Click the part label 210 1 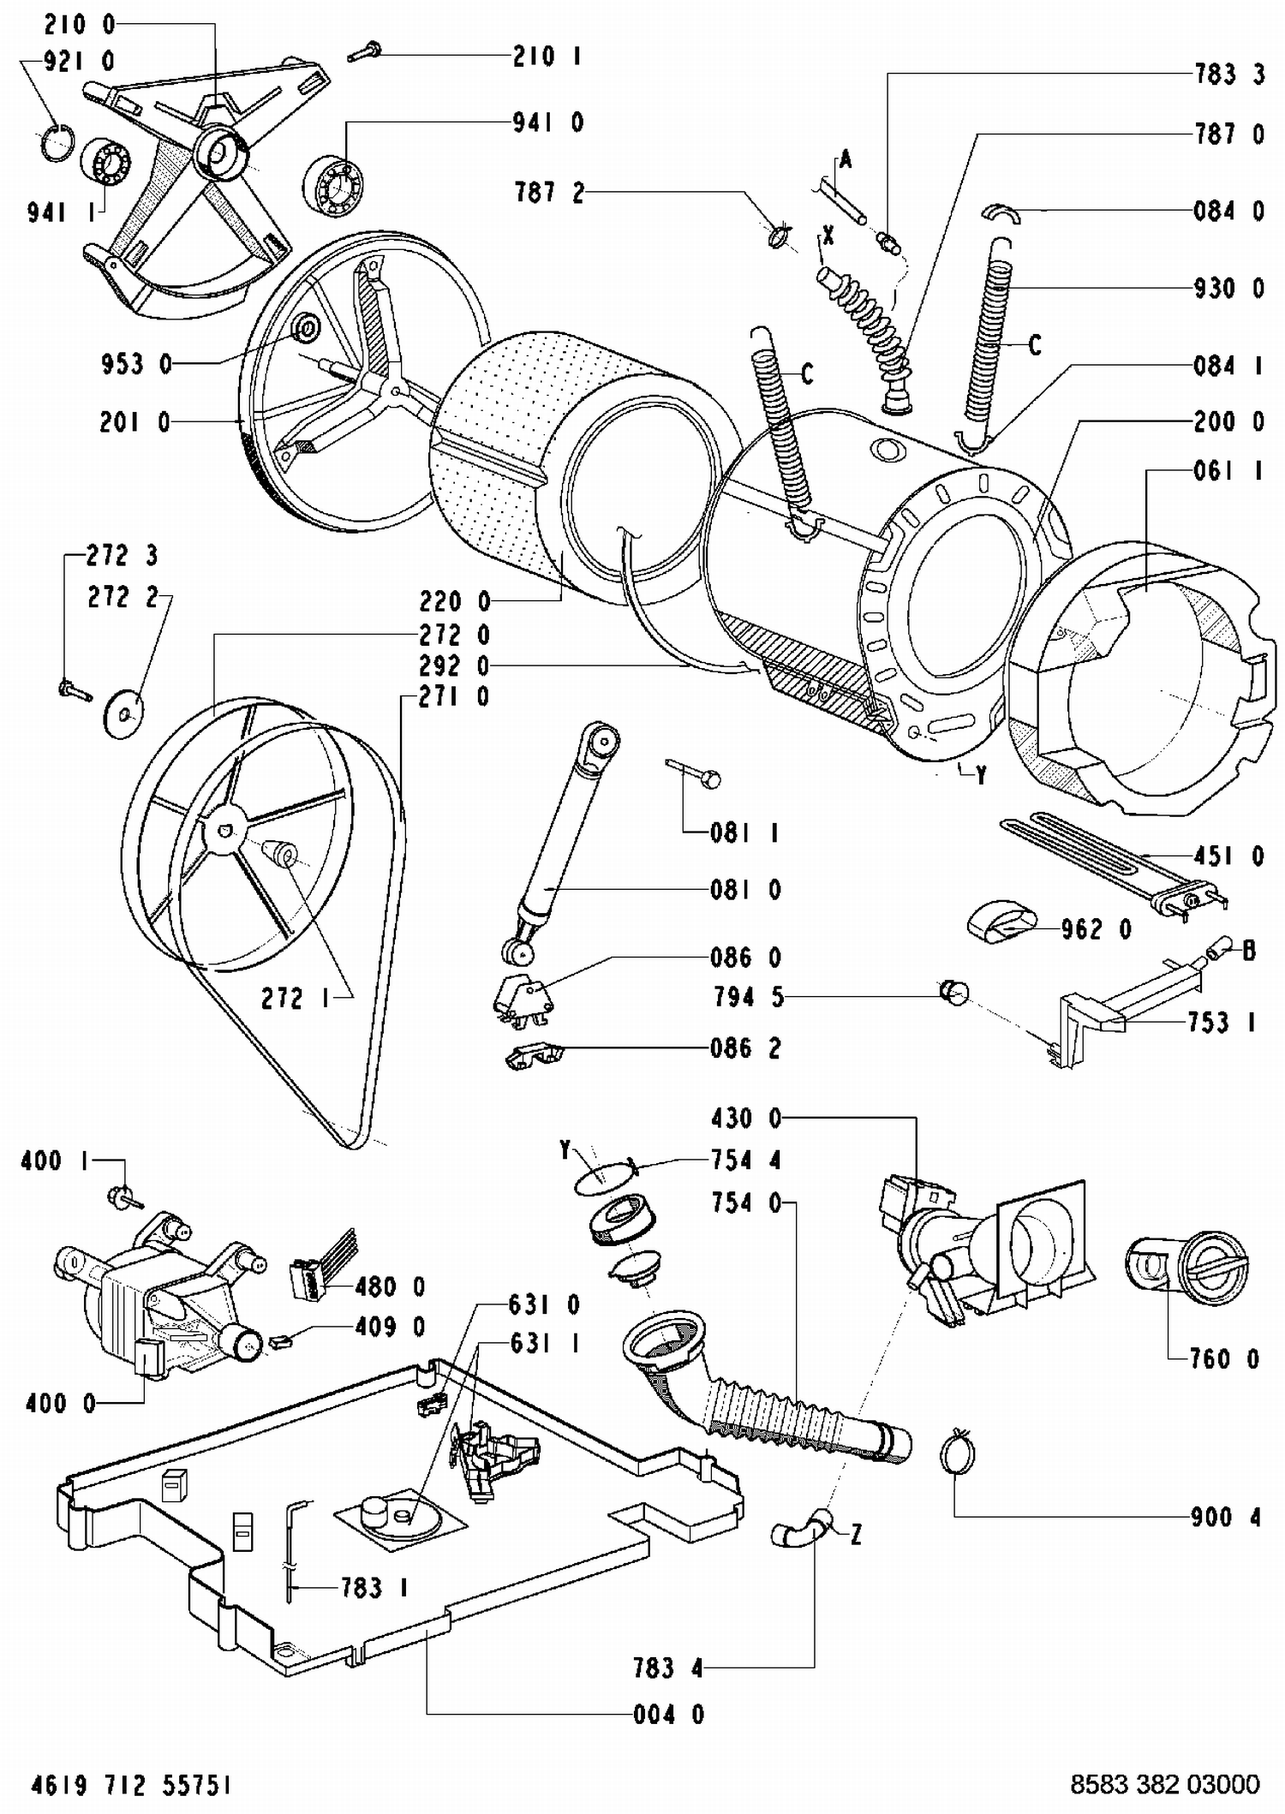547,57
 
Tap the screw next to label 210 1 364,52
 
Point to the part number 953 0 135,364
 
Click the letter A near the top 846,159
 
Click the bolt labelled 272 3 74,688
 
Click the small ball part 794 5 953,992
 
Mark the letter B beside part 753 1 1249,951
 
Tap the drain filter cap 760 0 1186,1268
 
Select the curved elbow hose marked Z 801,1529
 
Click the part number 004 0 668,1714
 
